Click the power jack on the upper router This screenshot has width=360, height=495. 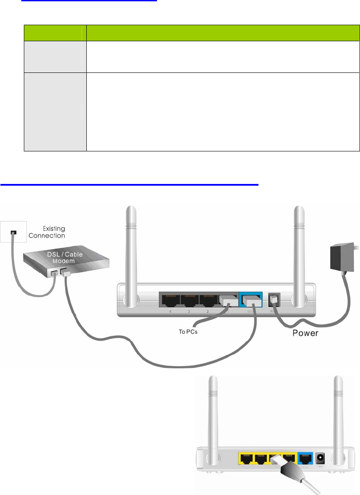[x=275, y=299]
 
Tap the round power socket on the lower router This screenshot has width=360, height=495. [x=322, y=459]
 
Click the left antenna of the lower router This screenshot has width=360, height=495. [x=213, y=416]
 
